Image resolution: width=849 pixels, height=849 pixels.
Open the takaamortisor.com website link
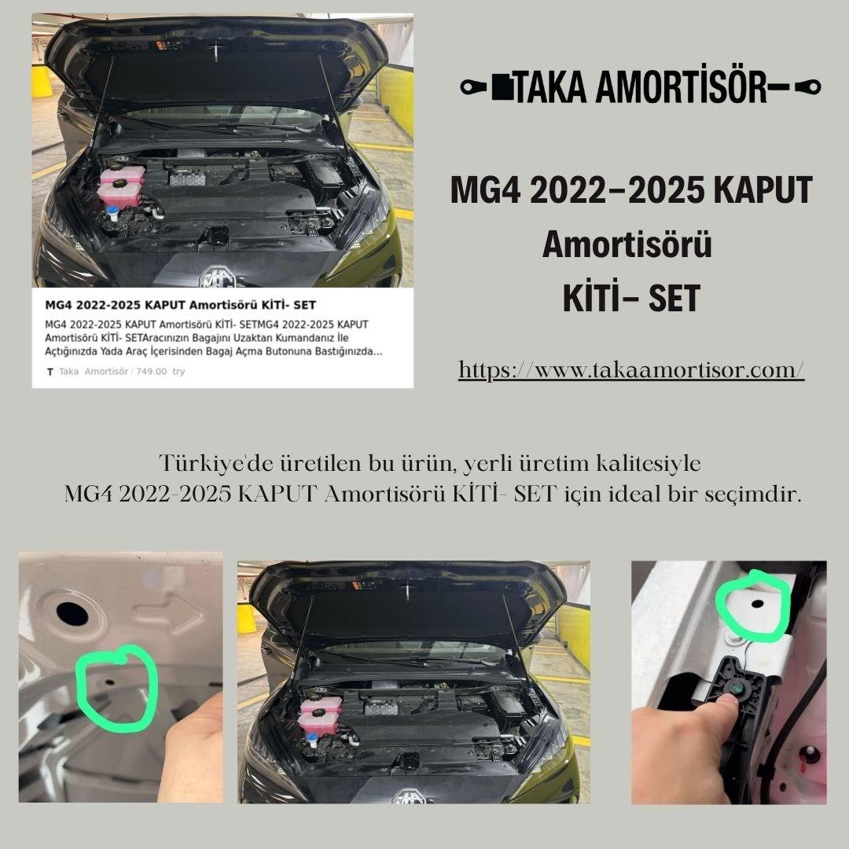[631, 370]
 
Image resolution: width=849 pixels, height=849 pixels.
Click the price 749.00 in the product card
[151, 372]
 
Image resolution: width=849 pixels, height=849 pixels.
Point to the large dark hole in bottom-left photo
[71, 612]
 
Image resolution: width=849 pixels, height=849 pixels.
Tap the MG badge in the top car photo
[213, 277]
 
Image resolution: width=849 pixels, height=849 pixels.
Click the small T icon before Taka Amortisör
[50, 372]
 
